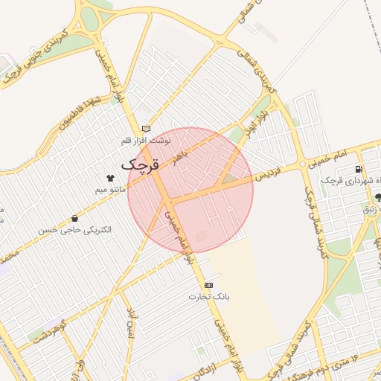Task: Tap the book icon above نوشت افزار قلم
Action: click(x=146, y=128)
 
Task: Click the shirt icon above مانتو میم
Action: click(x=111, y=179)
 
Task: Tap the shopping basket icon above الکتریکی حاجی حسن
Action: click(x=75, y=218)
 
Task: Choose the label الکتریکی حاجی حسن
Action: click(x=75, y=230)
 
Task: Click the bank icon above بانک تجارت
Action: click(x=208, y=285)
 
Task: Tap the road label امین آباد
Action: click(x=134, y=320)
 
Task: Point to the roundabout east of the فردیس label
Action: click(x=303, y=164)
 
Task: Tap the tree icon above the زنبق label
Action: click(x=379, y=198)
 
